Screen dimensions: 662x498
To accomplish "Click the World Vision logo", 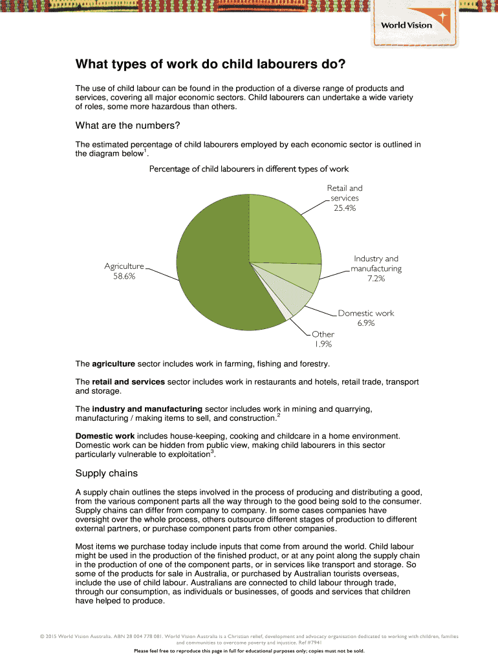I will [x=415, y=24].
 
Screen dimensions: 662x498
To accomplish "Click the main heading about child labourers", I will [x=211, y=65].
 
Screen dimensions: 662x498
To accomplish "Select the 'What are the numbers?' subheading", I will [x=127, y=125].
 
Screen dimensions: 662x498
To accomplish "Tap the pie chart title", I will [x=249, y=169].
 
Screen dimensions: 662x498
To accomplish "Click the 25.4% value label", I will [x=345, y=208].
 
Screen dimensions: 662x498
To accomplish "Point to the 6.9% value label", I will [x=365, y=323].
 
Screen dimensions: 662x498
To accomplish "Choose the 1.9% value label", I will [x=323, y=345].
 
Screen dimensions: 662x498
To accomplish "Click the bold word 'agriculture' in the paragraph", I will [x=114, y=364].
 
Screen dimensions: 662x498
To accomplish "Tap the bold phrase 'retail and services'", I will [x=128, y=382].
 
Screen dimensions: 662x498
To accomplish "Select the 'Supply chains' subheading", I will [x=107, y=473].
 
